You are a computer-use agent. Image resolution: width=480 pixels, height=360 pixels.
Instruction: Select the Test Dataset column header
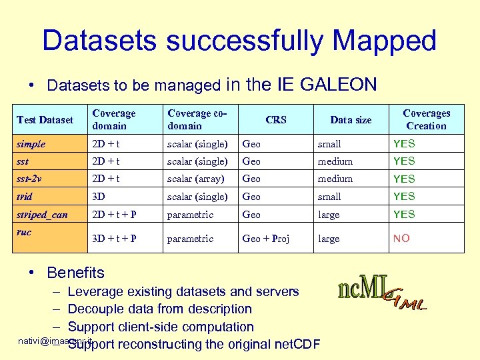(45, 120)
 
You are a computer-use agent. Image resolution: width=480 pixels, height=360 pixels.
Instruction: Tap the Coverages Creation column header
(426, 119)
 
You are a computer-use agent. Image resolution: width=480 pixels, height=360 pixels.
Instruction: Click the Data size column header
(351, 120)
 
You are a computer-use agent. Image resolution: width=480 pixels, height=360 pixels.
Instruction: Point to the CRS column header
(275, 120)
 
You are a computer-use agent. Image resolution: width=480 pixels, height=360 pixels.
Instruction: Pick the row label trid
(25, 197)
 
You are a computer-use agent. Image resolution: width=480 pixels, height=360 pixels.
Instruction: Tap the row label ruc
(24, 233)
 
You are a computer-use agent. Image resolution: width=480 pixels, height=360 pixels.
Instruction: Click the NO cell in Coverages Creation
(401, 239)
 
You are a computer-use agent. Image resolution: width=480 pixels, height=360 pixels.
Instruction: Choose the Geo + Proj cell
(265, 239)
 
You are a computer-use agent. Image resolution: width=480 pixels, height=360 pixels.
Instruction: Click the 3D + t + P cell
(115, 239)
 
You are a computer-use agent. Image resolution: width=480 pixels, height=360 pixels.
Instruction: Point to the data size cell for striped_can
(329, 215)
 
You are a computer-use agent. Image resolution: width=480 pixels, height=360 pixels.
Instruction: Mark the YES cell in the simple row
(404, 143)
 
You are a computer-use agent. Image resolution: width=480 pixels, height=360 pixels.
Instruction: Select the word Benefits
(75, 273)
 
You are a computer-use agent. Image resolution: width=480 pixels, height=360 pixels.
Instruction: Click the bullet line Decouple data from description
(160, 309)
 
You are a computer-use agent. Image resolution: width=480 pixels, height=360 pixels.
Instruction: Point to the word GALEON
(339, 85)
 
